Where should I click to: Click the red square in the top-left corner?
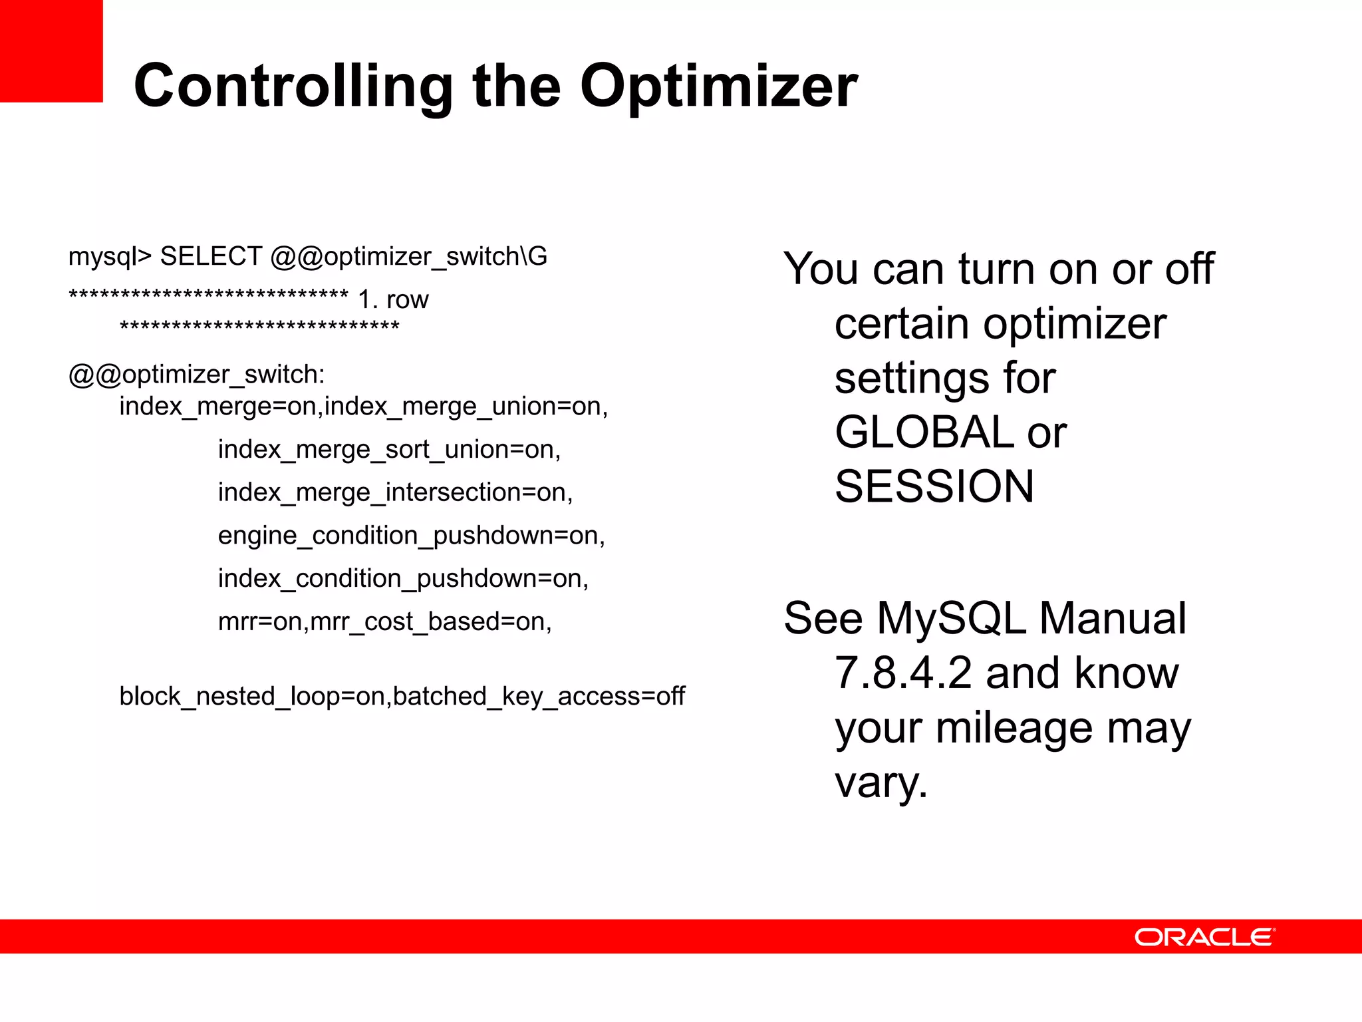[x=51, y=51]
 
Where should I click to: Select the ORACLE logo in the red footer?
[x=1204, y=937]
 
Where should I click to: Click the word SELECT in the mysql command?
[x=211, y=257]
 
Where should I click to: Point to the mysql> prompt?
[x=110, y=257]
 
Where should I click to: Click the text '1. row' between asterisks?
[x=393, y=300]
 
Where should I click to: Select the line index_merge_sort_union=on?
[x=389, y=450]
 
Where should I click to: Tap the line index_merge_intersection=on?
[x=395, y=493]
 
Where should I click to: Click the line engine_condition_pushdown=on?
[x=411, y=536]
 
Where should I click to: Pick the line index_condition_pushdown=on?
[x=403, y=579]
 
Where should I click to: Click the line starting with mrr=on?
[x=384, y=622]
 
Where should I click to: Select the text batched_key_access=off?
[x=539, y=697]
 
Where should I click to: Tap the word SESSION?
[x=934, y=486]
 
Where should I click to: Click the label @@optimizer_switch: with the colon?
[x=197, y=375]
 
